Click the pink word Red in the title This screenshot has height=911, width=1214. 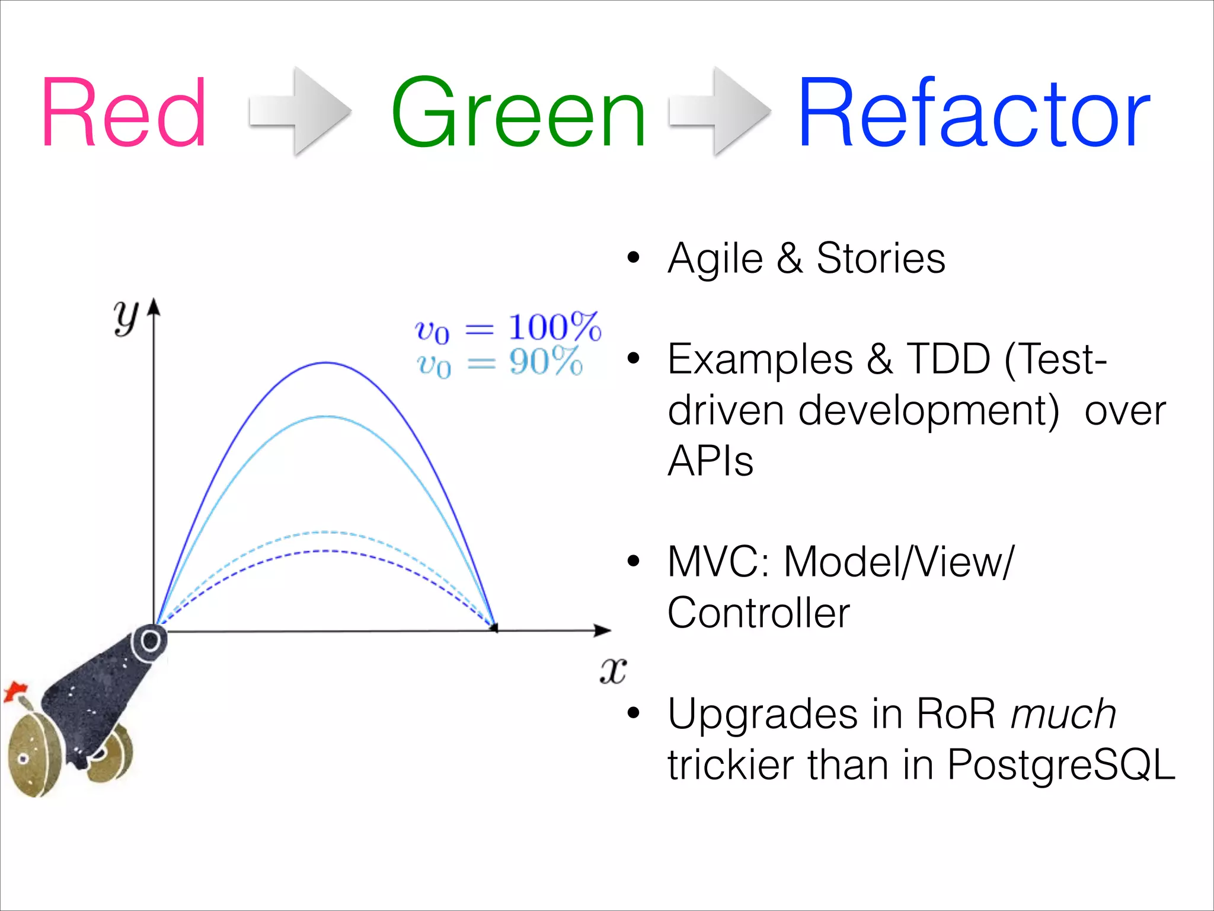click(x=123, y=113)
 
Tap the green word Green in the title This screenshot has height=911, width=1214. click(x=518, y=113)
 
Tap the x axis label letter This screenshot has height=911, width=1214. click(x=612, y=671)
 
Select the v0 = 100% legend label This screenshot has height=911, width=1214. click(x=507, y=327)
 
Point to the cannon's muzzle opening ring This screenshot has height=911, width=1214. click(x=150, y=641)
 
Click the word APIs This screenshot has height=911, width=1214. click(x=710, y=461)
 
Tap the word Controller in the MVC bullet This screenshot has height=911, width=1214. click(x=759, y=613)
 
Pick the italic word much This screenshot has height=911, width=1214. click(x=1063, y=713)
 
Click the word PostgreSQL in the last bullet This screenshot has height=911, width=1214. click(x=1061, y=765)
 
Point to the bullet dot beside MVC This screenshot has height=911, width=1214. click(x=634, y=560)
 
